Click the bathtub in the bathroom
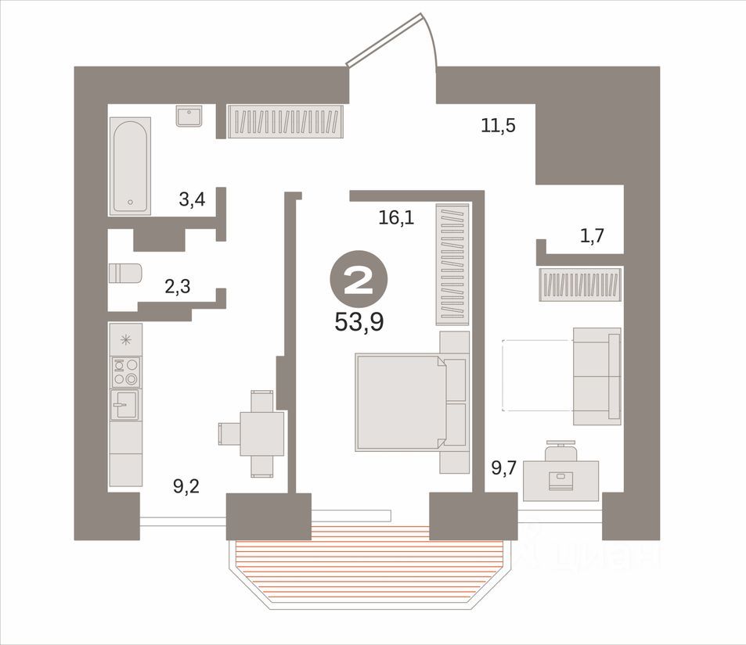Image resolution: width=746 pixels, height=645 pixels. pyautogui.click(x=130, y=166)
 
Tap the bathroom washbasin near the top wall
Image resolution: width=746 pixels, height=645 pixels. pyautogui.click(x=189, y=116)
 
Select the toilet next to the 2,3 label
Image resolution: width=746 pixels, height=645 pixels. pyautogui.click(x=125, y=274)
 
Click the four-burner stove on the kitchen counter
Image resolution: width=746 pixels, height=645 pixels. pyautogui.click(x=125, y=371)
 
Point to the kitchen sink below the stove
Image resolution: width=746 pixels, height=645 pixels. pyautogui.click(x=124, y=405)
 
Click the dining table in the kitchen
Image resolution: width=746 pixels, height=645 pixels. pyautogui.click(x=261, y=433)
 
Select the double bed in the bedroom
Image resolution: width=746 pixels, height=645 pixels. pyautogui.click(x=401, y=402)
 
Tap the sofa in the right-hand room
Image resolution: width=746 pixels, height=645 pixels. pyautogui.click(x=596, y=376)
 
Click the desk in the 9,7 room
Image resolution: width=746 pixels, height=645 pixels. pyautogui.click(x=560, y=479)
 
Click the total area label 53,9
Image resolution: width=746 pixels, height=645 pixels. pyautogui.click(x=359, y=321)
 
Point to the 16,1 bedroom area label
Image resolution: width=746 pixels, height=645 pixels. pyautogui.click(x=395, y=218)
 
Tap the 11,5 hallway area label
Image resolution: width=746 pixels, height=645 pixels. pyautogui.click(x=498, y=124)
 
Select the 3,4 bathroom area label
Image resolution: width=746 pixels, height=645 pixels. pyautogui.click(x=192, y=199)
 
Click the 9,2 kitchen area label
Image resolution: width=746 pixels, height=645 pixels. pyautogui.click(x=186, y=486)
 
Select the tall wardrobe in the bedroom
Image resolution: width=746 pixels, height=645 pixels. pyautogui.click(x=452, y=264)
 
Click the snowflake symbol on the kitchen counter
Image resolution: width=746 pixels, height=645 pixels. pyautogui.click(x=125, y=339)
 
